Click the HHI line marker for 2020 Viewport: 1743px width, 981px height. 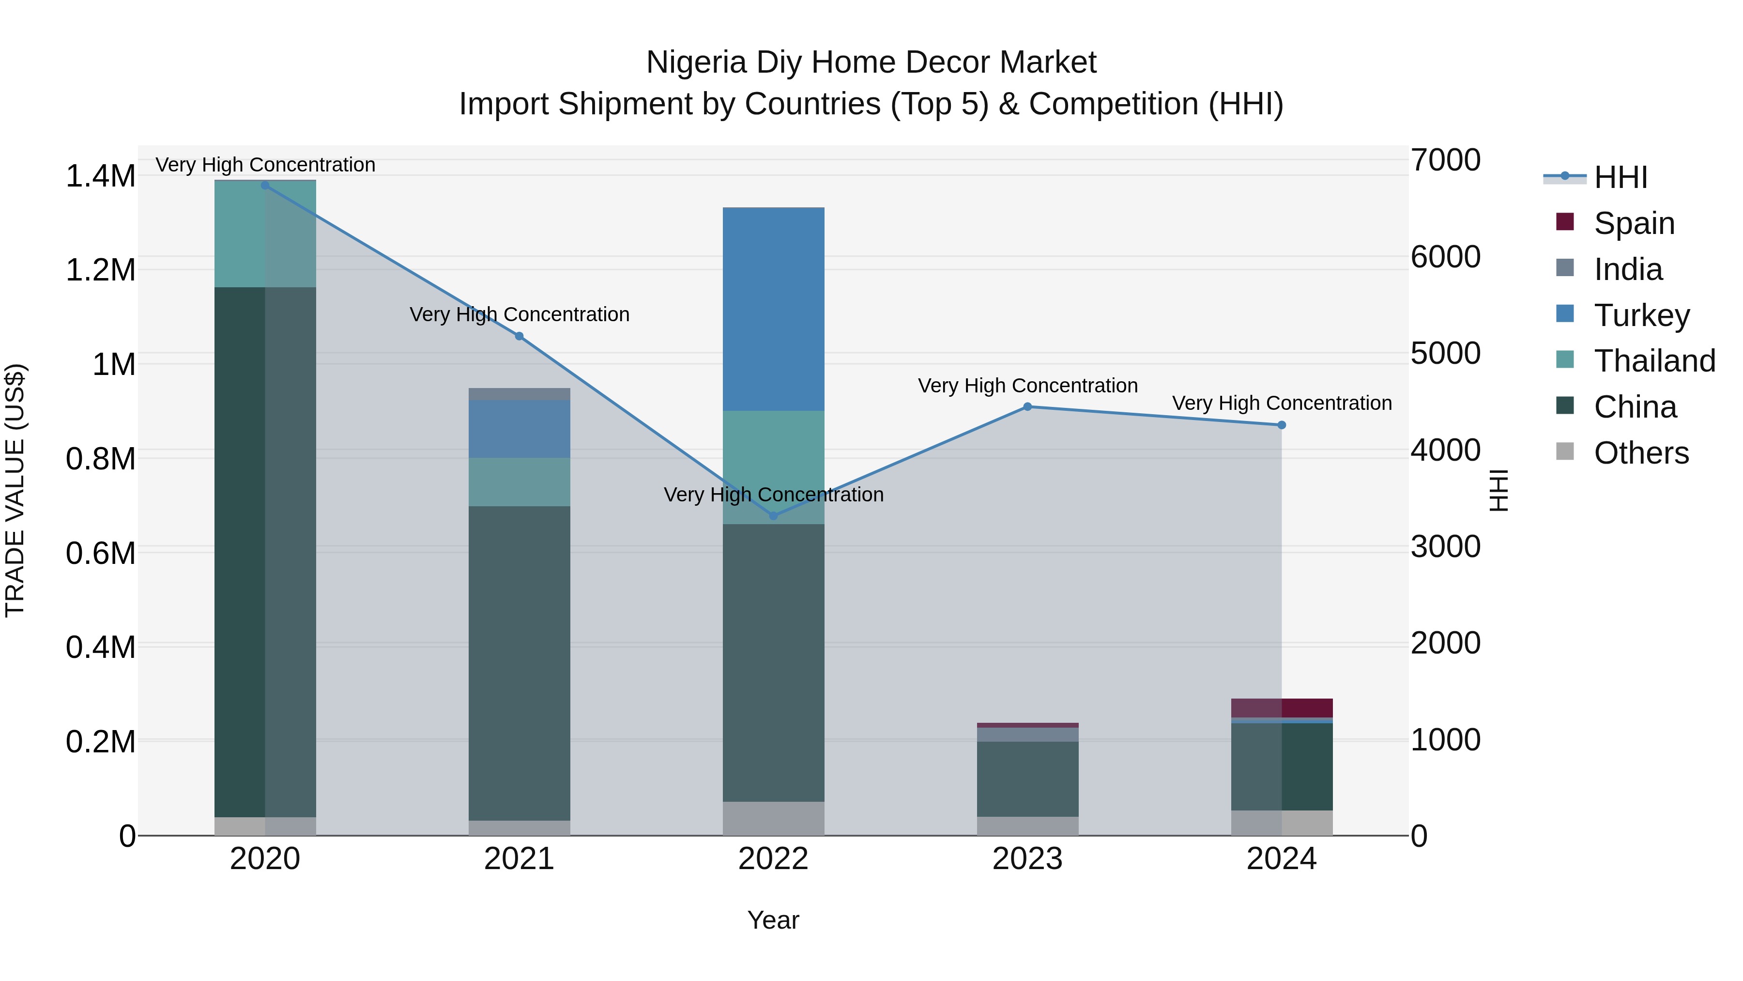[x=265, y=186]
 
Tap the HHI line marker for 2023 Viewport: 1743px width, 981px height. [x=1027, y=407]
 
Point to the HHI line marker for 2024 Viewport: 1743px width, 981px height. [x=1282, y=425]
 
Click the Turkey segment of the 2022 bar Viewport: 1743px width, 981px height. [x=773, y=309]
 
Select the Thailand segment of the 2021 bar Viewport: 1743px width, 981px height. [x=519, y=482]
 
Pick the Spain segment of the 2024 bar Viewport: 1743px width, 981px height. [x=1282, y=707]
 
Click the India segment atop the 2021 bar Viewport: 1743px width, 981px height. [x=519, y=394]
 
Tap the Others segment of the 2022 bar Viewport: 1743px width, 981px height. [x=773, y=819]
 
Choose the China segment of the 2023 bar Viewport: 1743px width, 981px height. [x=1027, y=779]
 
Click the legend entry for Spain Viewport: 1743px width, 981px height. [x=1634, y=223]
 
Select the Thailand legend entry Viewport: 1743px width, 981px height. [x=1654, y=361]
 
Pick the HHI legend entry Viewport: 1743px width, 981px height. [x=1620, y=177]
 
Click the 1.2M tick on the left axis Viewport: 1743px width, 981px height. [x=100, y=270]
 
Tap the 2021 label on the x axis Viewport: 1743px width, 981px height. [x=519, y=859]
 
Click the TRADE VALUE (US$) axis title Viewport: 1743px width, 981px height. [x=15, y=490]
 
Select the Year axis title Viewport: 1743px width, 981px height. [x=773, y=920]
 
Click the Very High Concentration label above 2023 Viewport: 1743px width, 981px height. [x=1027, y=386]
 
